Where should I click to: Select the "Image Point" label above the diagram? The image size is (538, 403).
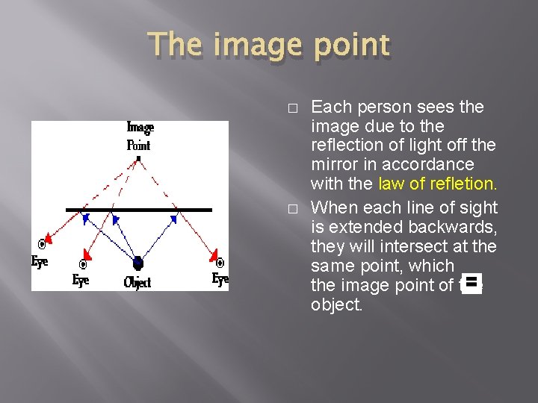click(140, 136)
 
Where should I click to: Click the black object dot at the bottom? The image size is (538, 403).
click(137, 262)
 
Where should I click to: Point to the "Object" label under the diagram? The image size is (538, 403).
click(137, 282)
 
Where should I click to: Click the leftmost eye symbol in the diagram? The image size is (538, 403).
click(43, 244)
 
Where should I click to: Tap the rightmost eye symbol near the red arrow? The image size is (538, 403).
click(220, 263)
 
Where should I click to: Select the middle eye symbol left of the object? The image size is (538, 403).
click(83, 264)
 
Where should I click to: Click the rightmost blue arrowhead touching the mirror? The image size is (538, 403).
click(174, 219)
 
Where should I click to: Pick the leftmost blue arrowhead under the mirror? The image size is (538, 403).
click(85, 218)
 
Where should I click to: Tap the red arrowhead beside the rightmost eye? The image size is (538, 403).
click(212, 254)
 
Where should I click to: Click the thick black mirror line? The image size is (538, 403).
click(139, 210)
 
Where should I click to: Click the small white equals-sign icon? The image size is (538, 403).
click(471, 283)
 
